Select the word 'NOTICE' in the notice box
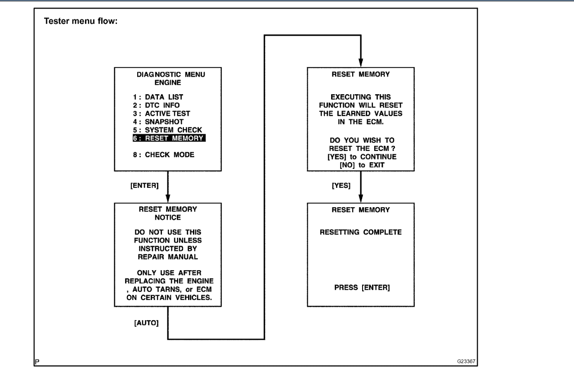167,218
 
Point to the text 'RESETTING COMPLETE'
360,232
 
